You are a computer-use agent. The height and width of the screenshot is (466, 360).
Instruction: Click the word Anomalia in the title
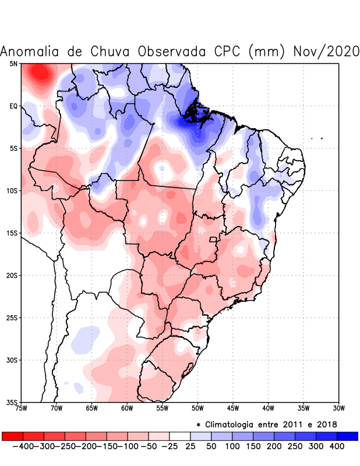tap(31, 51)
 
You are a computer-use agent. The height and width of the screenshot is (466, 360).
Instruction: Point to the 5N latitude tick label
tap(13, 63)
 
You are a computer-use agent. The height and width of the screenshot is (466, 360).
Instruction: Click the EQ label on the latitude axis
tap(13, 106)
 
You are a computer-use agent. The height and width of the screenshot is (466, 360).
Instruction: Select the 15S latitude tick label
tap(12, 233)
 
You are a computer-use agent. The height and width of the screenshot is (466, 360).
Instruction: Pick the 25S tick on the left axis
tap(12, 317)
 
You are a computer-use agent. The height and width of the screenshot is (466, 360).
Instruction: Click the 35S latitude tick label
tap(12, 402)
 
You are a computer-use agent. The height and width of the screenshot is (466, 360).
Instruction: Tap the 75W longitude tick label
tap(22, 408)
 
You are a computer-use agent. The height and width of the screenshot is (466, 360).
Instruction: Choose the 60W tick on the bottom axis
tap(127, 408)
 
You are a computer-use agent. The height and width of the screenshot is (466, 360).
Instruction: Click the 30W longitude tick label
tap(339, 408)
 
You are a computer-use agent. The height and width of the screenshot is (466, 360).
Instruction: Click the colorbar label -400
tap(23, 446)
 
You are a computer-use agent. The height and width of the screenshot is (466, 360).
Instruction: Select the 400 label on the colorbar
tap(337, 446)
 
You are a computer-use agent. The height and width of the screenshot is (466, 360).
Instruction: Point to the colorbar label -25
tap(170, 446)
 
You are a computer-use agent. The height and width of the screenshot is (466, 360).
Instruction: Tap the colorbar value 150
tap(253, 446)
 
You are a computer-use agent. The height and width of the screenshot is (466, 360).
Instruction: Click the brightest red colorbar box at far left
tap(12, 436)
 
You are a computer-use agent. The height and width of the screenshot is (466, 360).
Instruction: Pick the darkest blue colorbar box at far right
tap(347, 436)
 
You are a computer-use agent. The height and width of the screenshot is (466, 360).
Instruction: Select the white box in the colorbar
tap(179, 436)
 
